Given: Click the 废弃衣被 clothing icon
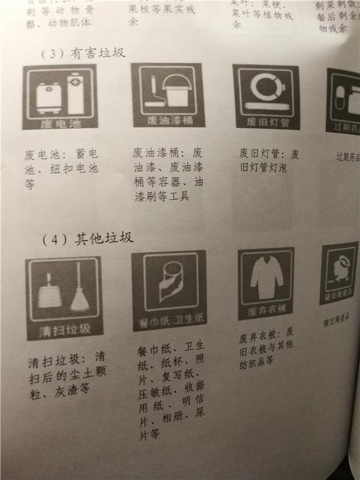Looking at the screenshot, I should click(x=266, y=284).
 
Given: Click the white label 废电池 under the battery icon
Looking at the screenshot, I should click(x=60, y=122).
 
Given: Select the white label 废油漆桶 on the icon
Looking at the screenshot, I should click(x=167, y=120).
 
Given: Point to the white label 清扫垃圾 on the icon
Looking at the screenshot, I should click(x=64, y=329).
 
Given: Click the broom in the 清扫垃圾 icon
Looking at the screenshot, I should click(x=80, y=291).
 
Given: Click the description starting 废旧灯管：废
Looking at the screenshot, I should click(x=268, y=160).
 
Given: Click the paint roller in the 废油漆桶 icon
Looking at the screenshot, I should click(x=153, y=93).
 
